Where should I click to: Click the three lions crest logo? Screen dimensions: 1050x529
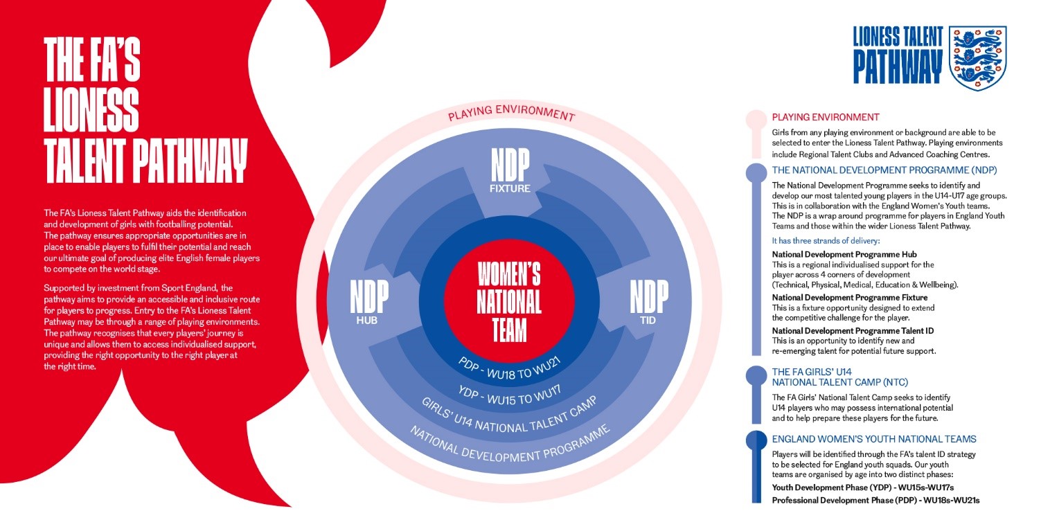977,57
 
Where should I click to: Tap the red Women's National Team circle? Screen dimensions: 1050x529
509,301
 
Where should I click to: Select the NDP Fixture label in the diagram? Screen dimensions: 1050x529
510,170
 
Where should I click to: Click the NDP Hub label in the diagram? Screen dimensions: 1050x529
369,302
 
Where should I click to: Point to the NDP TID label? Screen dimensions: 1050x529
649,302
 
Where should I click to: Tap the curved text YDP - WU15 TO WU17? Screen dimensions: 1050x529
510,395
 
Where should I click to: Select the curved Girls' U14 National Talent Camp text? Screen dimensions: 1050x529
510,417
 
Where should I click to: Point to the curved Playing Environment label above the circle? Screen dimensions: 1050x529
511,113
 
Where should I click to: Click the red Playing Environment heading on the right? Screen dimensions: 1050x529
826,117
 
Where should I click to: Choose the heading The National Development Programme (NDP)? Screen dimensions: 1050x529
884,170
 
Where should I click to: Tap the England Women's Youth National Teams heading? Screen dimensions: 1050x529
874,439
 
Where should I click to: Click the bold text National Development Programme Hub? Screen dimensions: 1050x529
844,254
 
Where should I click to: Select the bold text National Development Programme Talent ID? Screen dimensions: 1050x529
853,331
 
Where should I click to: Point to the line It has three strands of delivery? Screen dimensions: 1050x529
826,241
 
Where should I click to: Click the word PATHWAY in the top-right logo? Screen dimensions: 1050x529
898,67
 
